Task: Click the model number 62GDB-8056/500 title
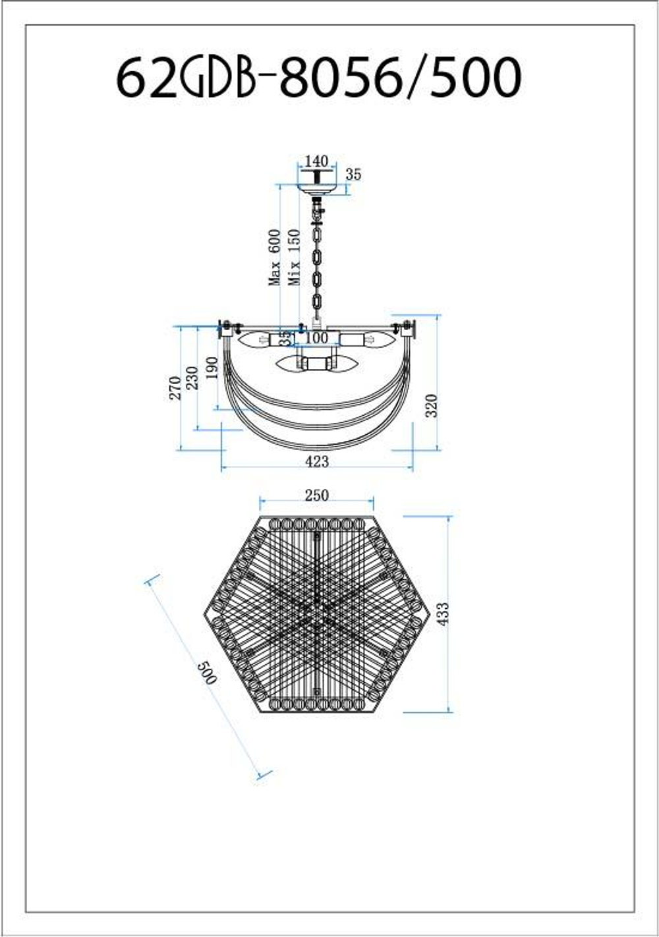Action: [x=319, y=77]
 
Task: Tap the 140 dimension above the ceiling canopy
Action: [x=316, y=161]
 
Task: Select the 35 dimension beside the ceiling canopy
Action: [x=354, y=175]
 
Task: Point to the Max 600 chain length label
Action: [x=275, y=257]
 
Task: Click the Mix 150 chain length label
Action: [x=295, y=257]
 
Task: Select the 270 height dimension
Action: [x=175, y=388]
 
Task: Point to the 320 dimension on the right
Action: [x=432, y=405]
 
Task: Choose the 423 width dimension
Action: [x=317, y=462]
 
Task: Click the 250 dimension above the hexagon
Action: [x=316, y=496]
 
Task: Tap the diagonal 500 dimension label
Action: [x=207, y=672]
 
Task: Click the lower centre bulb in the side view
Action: [x=318, y=364]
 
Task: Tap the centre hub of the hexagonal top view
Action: [x=318, y=614]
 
